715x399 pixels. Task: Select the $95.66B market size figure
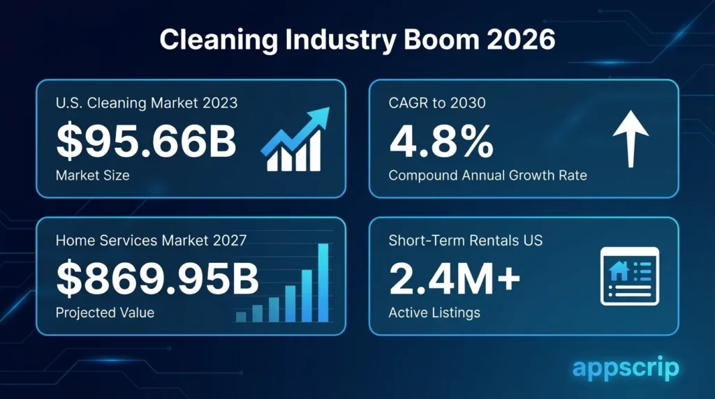click(x=146, y=142)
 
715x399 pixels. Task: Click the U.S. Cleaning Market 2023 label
click(x=147, y=103)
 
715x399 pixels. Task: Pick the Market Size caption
click(x=92, y=175)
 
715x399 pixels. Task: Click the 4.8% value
click(x=441, y=142)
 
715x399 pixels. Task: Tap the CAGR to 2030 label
click(x=437, y=103)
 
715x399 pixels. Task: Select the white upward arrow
click(x=631, y=140)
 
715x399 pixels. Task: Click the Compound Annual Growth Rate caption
click(x=487, y=175)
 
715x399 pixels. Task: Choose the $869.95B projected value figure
click(x=157, y=279)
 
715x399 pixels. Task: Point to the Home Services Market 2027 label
click(x=151, y=241)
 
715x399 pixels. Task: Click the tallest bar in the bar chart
click(x=323, y=283)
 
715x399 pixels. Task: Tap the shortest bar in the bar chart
click(x=241, y=317)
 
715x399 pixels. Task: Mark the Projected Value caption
click(x=105, y=313)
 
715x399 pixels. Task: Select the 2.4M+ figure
click(x=455, y=279)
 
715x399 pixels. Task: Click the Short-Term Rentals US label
click(x=466, y=241)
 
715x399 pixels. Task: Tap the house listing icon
click(x=631, y=276)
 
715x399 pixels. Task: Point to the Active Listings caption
click(x=434, y=313)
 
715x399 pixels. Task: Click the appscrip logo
click(x=625, y=368)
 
